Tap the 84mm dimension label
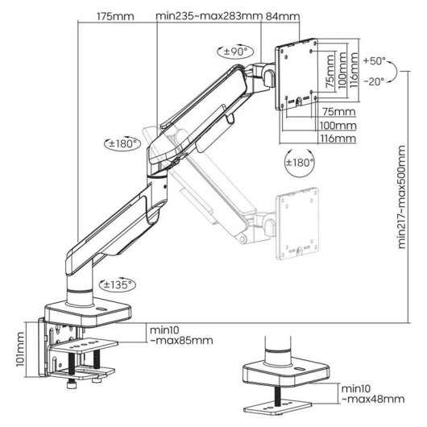coord(288,16)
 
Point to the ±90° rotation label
coord(234,51)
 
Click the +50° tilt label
coord(375,61)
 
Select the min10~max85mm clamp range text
coord(180,335)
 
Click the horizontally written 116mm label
coord(338,139)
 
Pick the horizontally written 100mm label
coord(338,126)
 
